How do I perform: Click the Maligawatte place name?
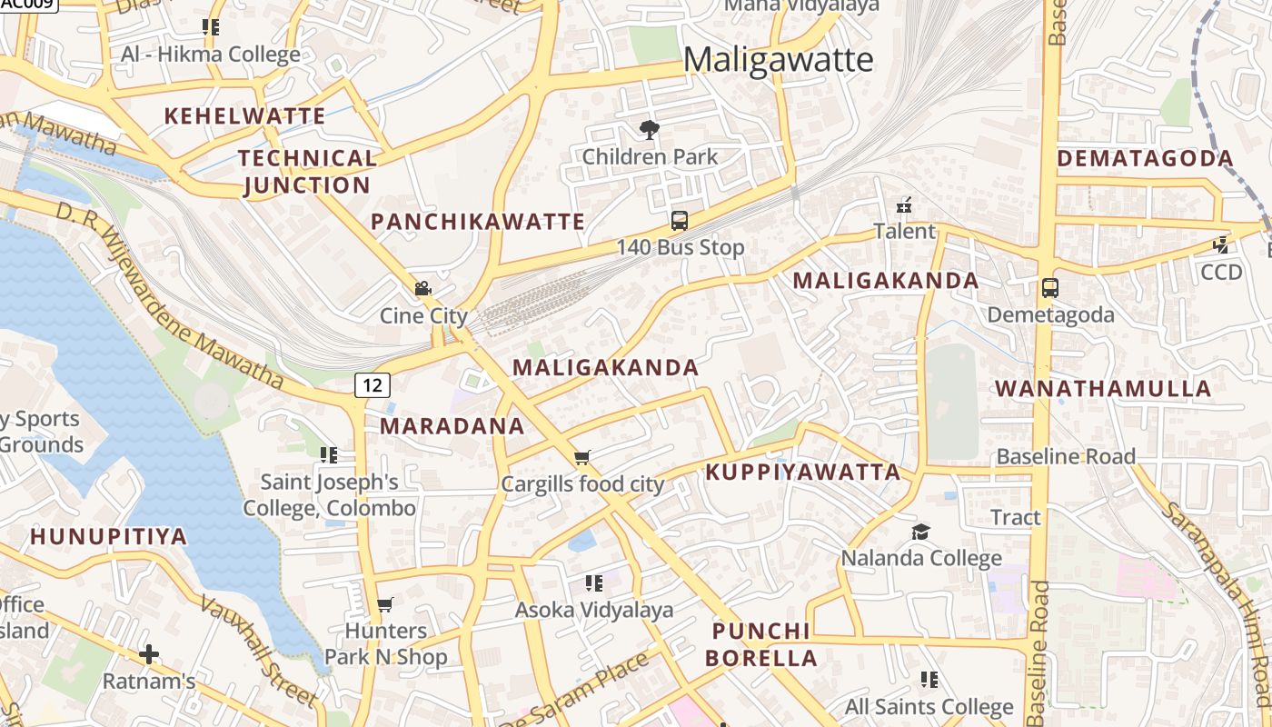click(x=778, y=60)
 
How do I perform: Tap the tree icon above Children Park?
click(x=650, y=130)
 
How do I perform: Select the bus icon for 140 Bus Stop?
click(x=680, y=220)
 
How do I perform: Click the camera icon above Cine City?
click(x=422, y=289)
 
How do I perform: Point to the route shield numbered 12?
click(x=373, y=384)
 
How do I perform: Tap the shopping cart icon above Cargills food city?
click(x=582, y=457)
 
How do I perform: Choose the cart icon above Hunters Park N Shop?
click(x=385, y=604)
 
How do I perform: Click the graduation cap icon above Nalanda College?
click(x=921, y=532)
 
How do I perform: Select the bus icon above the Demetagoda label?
click(x=1050, y=288)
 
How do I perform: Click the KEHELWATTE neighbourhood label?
click(x=244, y=116)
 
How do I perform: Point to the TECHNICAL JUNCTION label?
click(x=307, y=172)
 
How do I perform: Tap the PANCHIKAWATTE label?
click(x=478, y=222)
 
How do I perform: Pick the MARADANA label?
click(x=452, y=426)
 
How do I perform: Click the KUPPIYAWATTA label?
click(x=803, y=473)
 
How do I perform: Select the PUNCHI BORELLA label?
click(x=761, y=644)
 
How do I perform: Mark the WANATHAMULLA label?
click(x=1103, y=389)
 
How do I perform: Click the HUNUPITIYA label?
click(x=109, y=536)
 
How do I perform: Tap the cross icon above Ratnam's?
click(x=149, y=654)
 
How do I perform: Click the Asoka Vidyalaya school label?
click(x=594, y=610)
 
